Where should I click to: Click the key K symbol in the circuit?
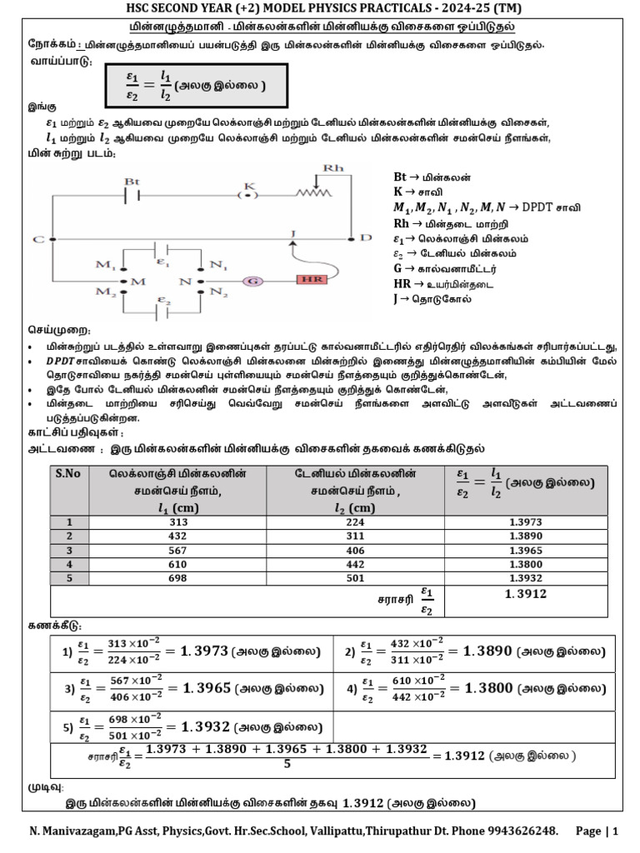tap(247, 194)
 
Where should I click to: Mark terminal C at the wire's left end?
tap(39, 240)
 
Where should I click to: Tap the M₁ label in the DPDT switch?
tap(105, 266)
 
